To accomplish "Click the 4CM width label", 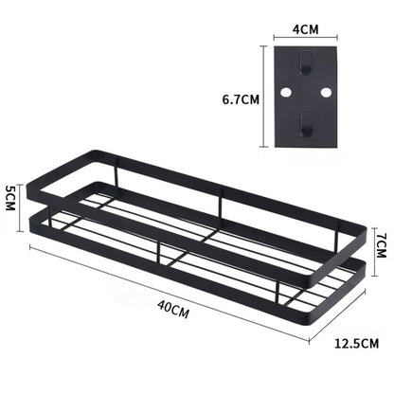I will point(306,28).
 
